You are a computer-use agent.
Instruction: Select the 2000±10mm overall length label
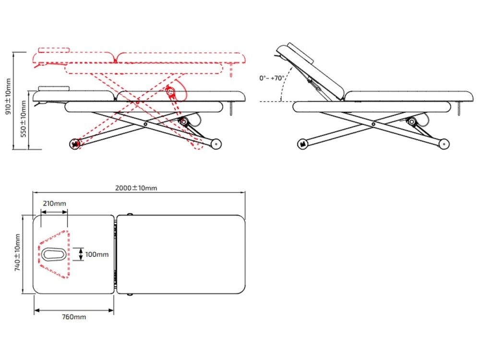point(136,188)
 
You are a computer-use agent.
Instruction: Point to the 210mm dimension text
point(54,204)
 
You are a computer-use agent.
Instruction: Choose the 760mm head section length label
point(74,317)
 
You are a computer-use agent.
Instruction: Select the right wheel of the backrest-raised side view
point(444,143)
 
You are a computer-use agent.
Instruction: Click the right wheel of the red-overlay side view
point(216,143)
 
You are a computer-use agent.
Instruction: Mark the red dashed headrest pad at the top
point(54,49)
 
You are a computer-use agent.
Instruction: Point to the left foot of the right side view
point(302,143)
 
